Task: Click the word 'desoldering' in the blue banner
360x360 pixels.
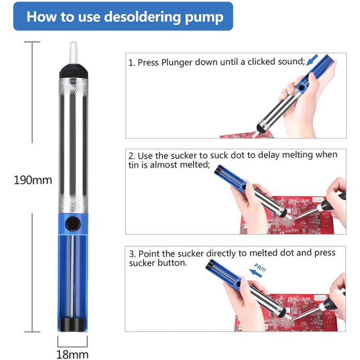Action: point(142,17)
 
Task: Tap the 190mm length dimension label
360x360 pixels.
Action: point(33,180)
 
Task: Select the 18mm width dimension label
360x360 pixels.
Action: point(73,354)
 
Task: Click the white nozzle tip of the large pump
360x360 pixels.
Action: point(73,52)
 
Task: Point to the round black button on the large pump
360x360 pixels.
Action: point(73,224)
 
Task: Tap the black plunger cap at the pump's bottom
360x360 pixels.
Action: point(73,323)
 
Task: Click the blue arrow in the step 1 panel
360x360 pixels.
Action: point(312,60)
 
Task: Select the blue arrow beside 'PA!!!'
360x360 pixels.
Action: point(255,273)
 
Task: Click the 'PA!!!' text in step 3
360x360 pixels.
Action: point(260,268)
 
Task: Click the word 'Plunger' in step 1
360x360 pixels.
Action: point(176,62)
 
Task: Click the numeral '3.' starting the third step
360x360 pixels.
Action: point(133,254)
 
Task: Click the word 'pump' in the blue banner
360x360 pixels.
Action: point(204,17)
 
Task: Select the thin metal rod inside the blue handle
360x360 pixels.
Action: point(72,277)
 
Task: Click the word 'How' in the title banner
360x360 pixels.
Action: point(41,16)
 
